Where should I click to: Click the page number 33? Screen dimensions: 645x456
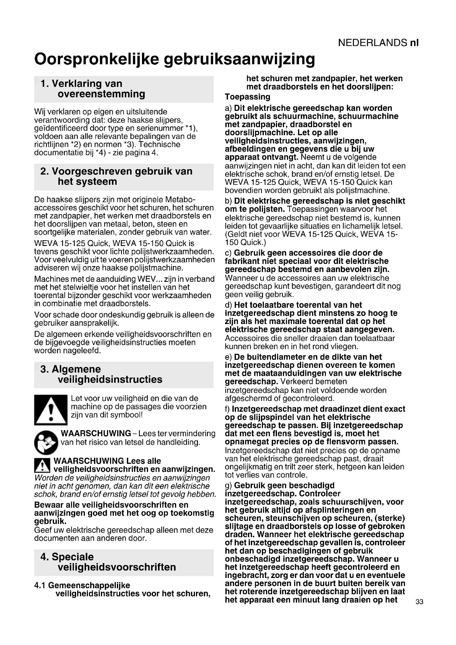tap(419, 602)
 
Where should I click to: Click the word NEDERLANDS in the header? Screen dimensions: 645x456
tap(372, 43)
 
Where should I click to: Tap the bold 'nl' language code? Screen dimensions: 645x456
tap(414, 43)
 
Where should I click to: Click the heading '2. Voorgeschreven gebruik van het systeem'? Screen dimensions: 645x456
tap(116, 176)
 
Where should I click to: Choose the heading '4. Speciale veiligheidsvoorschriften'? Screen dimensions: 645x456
tap(108, 562)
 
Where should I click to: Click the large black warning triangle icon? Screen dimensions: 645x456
tap(50, 410)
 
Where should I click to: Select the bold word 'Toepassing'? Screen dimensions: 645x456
tap(247, 97)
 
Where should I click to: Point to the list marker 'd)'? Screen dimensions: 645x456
tap(229, 305)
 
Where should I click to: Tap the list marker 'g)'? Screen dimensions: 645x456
tap(229, 485)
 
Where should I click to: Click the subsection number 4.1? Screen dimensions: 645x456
tap(40, 585)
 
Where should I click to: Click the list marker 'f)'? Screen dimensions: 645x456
tap(228, 409)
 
